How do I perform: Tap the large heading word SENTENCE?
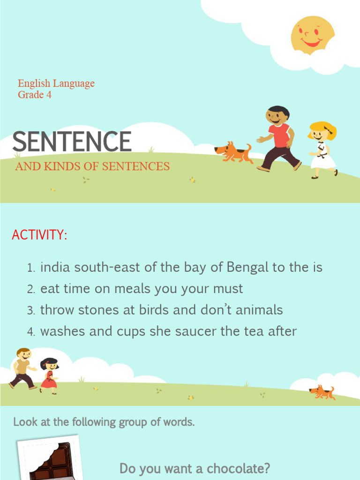(x=72, y=141)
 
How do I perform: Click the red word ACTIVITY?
(x=39, y=235)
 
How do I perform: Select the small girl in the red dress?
(x=49, y=375)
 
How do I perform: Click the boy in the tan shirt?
(x=22, y=368)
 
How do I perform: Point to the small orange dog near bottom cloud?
(x=322, y=392)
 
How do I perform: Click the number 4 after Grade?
(x=49, y=95)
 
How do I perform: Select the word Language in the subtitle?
(x=74, y=83)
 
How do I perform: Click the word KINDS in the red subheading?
(x=63, y=166)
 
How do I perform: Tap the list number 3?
(x=31, y=311)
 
